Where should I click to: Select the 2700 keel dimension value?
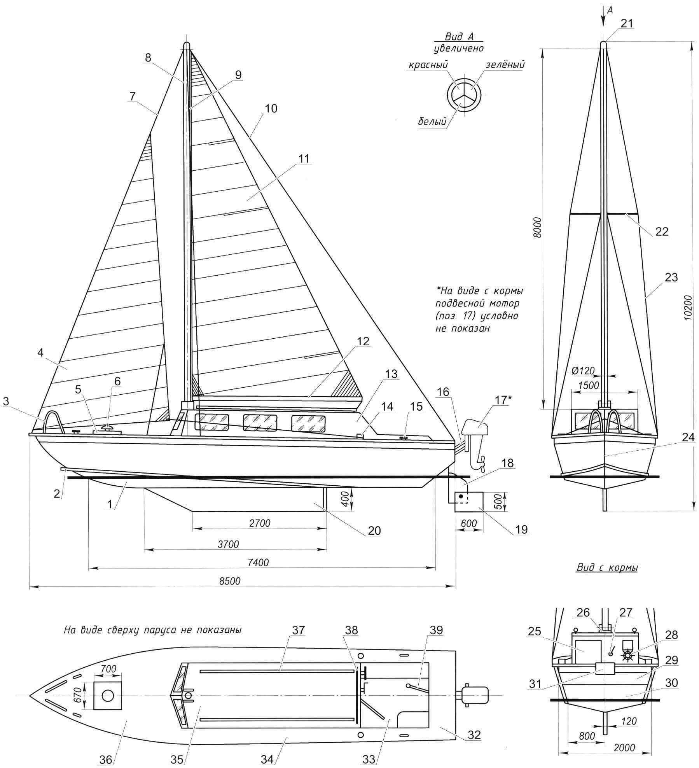point(260,523)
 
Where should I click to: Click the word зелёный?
point(505,65)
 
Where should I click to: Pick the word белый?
point(432,122)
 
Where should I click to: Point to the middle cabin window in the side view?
point(260,422)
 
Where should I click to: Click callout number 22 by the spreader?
point(662,231)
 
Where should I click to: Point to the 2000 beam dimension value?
point(625,747)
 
